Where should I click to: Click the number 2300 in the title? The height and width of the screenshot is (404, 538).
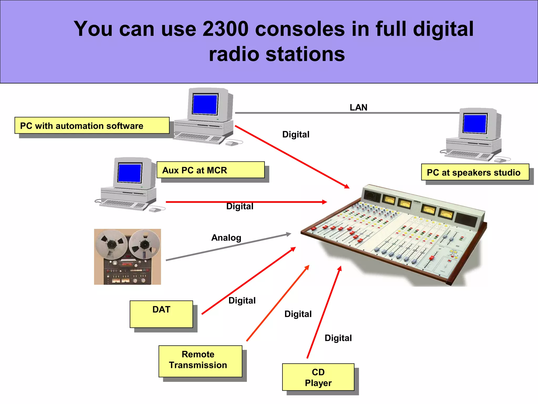point(225,29)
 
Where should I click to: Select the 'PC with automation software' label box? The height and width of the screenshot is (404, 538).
point(92,125)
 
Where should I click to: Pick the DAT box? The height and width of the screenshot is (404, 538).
point(161,314)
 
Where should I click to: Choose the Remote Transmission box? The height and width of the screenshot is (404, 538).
point(200,361)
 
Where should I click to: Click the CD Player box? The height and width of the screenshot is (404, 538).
point(318,377)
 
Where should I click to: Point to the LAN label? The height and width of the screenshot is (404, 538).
point(358,107)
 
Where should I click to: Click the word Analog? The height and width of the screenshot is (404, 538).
point(226,238)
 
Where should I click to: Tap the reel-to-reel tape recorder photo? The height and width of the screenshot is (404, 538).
point(127,257)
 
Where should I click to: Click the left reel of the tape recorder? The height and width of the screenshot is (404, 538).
point(111,244)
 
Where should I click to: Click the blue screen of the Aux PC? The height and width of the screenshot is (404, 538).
point(130,173)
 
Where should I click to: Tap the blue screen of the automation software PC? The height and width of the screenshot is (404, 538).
point(205,104)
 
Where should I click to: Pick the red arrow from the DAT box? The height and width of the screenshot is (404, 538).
point(248,281)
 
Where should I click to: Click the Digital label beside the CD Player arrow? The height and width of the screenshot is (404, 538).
point(338,338)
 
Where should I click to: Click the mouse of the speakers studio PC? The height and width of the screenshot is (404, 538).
point(500,160)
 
